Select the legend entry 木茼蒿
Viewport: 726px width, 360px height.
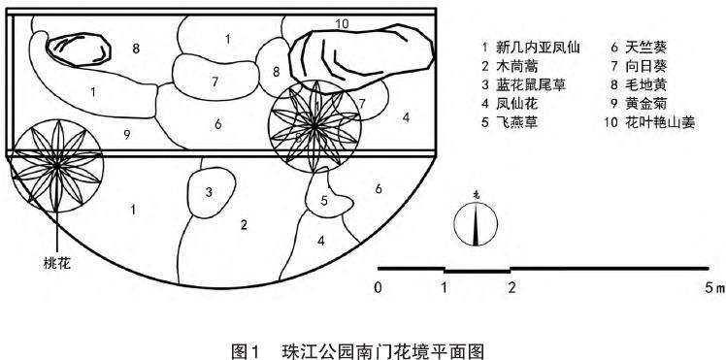(519, 65)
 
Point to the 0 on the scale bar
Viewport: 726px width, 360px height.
(378, 287)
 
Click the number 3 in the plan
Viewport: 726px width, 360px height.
(209, 192)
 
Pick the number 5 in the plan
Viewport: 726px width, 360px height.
(323, 201)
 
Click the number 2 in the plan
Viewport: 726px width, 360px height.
(244, 225)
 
